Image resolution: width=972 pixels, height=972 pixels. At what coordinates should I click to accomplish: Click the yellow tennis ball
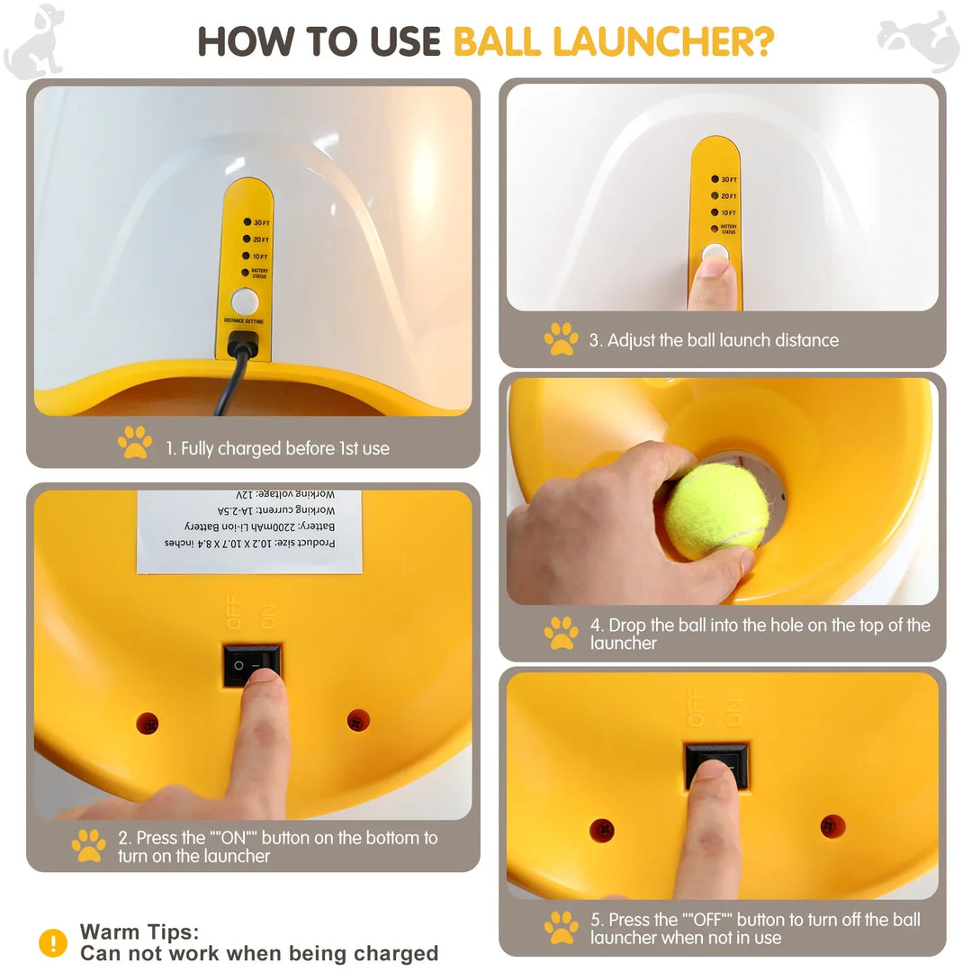click(x=716, y=510)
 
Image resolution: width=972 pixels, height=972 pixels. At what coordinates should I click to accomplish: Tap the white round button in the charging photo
click(x=245, y=301)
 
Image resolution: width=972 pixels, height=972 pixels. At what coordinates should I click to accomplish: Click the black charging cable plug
click(x=243, y=344)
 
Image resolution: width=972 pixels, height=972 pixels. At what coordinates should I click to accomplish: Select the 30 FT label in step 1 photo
click(x=261, y=222)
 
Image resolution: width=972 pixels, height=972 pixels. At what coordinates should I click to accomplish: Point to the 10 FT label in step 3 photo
click(x=728, y=212)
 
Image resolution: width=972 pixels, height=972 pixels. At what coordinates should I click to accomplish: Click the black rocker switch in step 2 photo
click(x=252, y=665)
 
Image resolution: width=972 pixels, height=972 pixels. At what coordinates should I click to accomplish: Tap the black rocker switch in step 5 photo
click(x=716, y=765)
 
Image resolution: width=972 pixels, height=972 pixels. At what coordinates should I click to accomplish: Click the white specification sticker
click(x=250, y=531)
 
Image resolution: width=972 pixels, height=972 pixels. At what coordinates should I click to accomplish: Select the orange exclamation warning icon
click(x=53, y=942)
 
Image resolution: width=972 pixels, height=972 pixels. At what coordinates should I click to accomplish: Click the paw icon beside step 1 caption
click(x=135, y=443)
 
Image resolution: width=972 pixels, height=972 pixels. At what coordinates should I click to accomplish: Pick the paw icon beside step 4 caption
click(x=561, y=633)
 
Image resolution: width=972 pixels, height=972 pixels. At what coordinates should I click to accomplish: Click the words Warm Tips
click(x=139, y=931)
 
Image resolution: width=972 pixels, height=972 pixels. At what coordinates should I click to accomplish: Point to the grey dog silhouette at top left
click(x=36, y=40)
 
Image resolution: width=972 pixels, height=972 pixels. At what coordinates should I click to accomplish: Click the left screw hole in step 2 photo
click(x=148, y=723)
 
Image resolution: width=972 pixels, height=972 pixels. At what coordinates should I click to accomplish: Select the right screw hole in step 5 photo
click(x=832, y=825)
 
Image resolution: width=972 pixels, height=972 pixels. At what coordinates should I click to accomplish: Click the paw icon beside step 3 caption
click(x=561, y=339)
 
